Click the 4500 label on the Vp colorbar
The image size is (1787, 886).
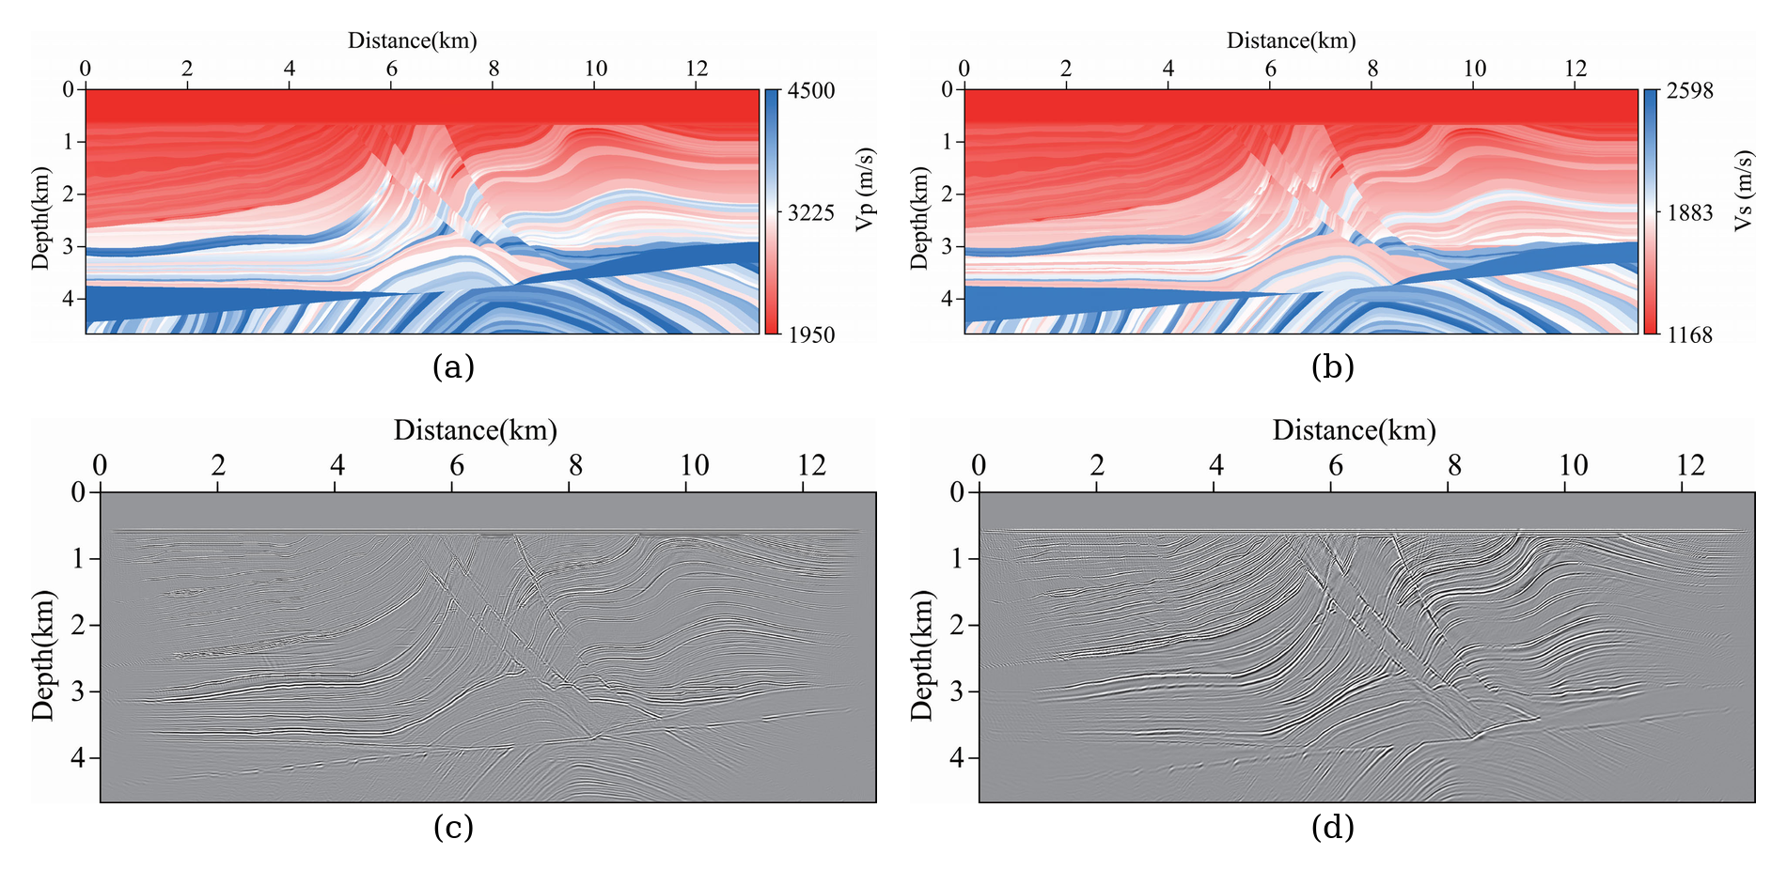point(812,91)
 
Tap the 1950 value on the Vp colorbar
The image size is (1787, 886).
point(812,334)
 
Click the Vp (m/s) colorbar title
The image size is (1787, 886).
point(865,189)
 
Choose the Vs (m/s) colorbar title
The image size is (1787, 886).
point(1744,190)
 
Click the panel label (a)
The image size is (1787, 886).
point(453,366)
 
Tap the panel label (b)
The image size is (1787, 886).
point(1333,366)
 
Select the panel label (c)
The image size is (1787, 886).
point(453,827)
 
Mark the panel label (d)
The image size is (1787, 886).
point(1333,827)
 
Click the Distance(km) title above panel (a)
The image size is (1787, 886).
point(413,40)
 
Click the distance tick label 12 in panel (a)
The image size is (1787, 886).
point(697,69)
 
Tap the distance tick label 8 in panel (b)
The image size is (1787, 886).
point(1372,69)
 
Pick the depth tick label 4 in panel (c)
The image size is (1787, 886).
point(79,757)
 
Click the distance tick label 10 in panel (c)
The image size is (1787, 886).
point(695,465)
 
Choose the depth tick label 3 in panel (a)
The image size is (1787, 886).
point(67,246)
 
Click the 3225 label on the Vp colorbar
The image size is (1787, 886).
point(812,212)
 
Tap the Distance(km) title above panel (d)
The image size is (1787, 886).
point(1355,430)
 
